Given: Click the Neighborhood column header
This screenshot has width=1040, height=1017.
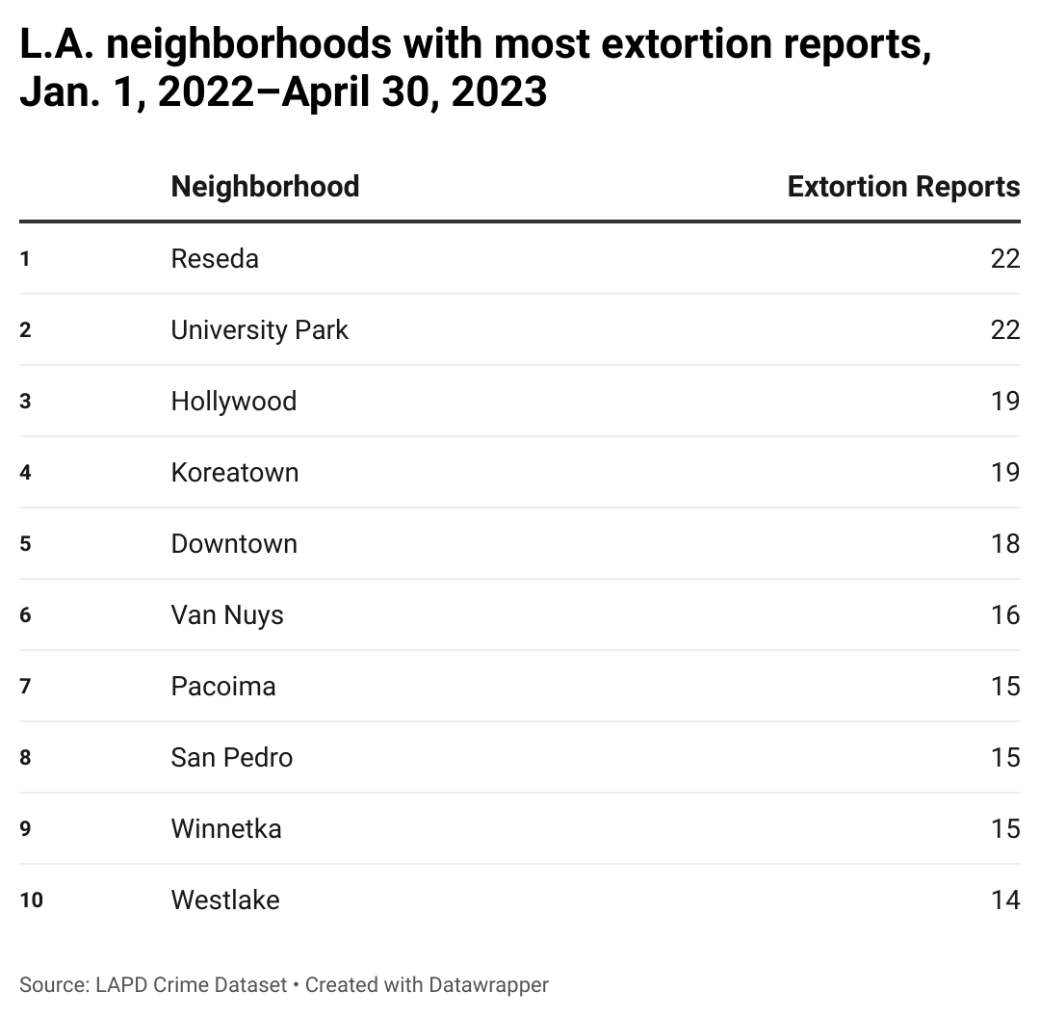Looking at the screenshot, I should [x=265, y=186].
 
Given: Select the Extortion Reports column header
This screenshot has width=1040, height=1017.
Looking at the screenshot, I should [x=903, y=186].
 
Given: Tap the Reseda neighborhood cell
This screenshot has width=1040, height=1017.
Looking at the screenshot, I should [x=215, y=259].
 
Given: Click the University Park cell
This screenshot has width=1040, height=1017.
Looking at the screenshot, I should [x=259, y=330].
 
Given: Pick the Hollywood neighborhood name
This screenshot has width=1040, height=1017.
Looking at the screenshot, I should [x=234, y=402].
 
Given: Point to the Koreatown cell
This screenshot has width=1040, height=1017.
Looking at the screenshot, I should [x=235, y=473].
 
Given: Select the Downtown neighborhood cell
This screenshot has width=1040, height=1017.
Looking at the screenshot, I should [x=234, y=544].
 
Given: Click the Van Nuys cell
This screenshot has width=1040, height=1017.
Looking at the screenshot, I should [x=227, y=615].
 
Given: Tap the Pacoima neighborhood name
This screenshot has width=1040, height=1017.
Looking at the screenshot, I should [x=223, y=687].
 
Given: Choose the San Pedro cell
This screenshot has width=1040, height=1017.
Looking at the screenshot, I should [x=232, y=758].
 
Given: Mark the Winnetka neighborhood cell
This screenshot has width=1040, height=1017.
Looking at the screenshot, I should [x=226, y=829].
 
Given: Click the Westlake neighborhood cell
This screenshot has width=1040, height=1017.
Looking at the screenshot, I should [x=225, y=900].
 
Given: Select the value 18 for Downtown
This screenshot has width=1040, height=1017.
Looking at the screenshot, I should [x=1004, y=544].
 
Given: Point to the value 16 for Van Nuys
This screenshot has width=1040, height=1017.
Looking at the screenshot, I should [x=1004, y=615].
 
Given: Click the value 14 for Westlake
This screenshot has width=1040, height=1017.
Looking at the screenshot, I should [x=1004, y=900].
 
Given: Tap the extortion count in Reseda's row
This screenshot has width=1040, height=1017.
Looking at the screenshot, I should [x=1004, y=259].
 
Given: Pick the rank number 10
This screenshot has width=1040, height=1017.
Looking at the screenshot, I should [x=31, y=900].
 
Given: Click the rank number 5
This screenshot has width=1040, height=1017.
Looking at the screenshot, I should [x=25, y=544].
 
